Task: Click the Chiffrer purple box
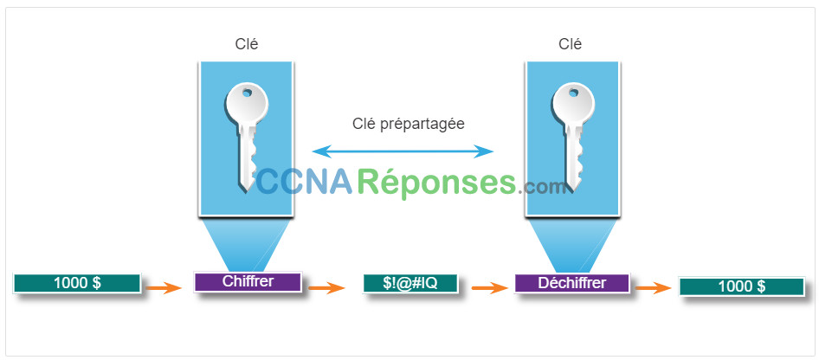tap(248, 282)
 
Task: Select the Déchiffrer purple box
tap(572, 283)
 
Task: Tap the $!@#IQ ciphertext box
tap(410, 283)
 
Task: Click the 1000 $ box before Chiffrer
tap(77, 283)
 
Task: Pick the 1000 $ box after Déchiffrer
tap(742, 286)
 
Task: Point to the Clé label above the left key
tap(247, 44)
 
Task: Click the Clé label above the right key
tap(571, 44)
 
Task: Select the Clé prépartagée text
tap(409, 124)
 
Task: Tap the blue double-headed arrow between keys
tap(403, 151)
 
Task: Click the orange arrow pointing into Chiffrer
tap(164, 287)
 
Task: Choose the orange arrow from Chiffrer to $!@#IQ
tap(327, 287)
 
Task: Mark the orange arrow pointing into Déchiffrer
tap(490, 287)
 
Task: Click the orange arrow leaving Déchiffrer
tap(653, 287)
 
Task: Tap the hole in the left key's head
tap(247, 94)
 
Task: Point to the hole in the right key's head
tap(573, 93)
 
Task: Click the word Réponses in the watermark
tap(439, 183)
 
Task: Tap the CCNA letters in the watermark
tap(305, 183)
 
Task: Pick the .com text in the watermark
tap(543, 187)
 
